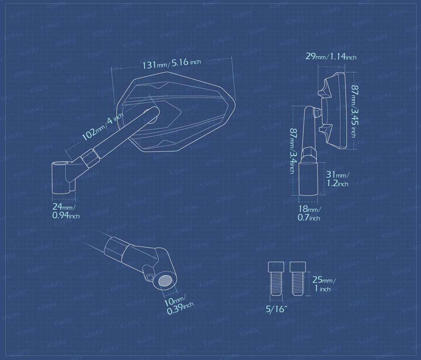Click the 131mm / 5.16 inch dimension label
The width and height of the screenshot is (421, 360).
tap(172, 64)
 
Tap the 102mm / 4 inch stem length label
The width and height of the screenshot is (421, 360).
tap(102, 126)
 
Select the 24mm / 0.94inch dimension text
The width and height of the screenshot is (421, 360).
tap(66, 211)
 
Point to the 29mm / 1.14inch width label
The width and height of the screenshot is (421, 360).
tap(331, 57)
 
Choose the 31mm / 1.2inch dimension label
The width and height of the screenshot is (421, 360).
tap(338, 179)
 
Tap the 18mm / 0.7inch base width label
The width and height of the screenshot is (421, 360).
tap(309, 213)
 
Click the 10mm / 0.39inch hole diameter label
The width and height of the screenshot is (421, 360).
tap(178, 306)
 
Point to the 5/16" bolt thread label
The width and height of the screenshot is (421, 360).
tap(276, 309)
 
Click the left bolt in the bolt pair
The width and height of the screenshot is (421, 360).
tap(276, 279)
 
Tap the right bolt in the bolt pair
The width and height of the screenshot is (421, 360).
tap(298, 279)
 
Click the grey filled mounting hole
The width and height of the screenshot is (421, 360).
tap(166, 281)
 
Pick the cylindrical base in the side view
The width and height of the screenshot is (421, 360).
tap(308, 179)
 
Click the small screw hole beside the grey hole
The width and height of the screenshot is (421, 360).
tap(150, 277)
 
